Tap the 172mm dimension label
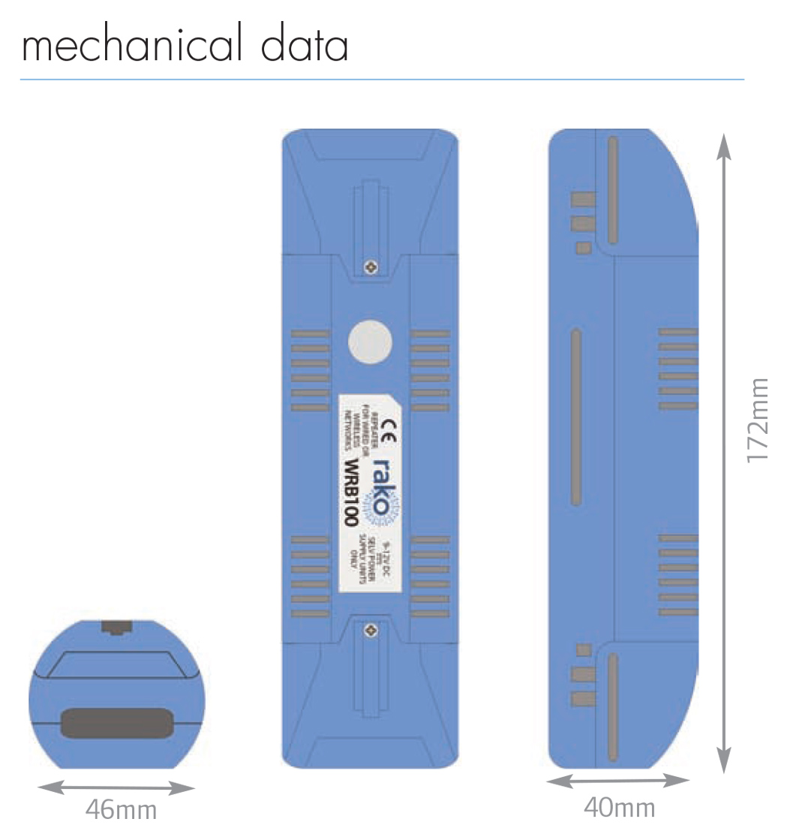[759, 421]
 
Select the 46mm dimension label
[121, 811]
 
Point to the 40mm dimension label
[619, 808]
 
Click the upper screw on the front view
[369, 267]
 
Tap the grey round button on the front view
[370, 342]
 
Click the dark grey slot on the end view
[116, 724]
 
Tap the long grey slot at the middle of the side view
[576, 417]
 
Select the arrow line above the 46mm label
[116, 787]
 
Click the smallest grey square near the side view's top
[582, 248]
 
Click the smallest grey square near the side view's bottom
[582, 649]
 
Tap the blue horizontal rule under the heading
[382, 79]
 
